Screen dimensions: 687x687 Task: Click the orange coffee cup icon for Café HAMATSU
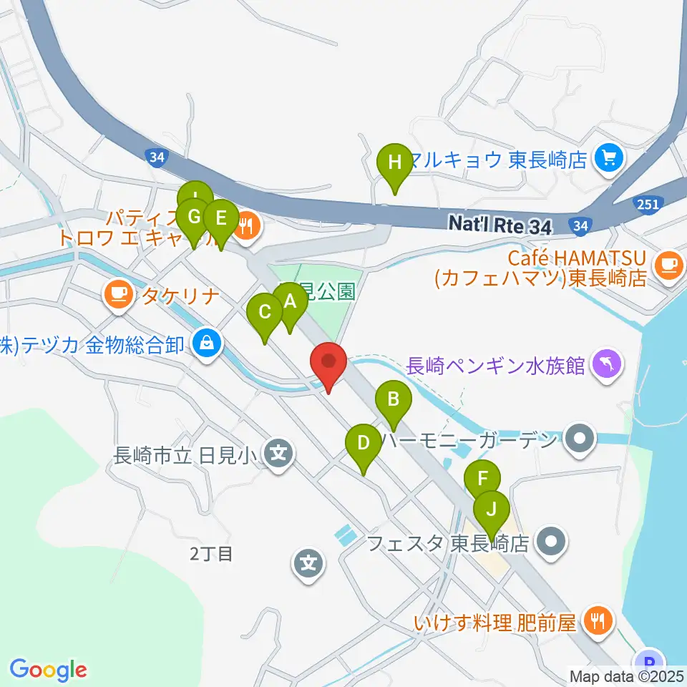pyautogui.click(x=669, y=265)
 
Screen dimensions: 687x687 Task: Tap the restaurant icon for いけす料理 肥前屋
pyautogui.click(x=595, y=620)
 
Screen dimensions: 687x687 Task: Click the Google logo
pyautogui.click(x=48, y=670)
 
